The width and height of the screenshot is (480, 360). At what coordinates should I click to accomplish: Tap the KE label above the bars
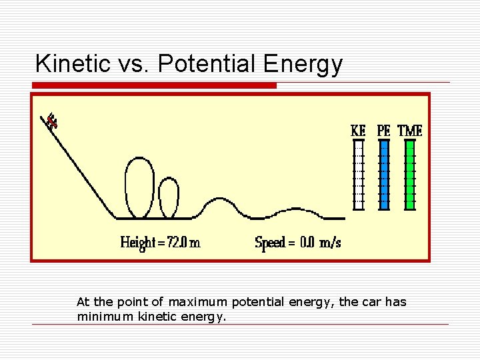tap(359, 131)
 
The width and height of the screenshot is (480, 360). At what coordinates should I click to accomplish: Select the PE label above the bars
tap(384, 131)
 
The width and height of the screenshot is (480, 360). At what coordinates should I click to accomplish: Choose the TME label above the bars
tap(410, 131)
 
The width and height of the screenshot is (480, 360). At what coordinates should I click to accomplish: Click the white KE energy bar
tap(359, 175)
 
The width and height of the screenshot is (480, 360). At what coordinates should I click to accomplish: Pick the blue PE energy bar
tap(384, 175)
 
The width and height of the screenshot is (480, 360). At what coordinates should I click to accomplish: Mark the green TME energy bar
tap(410, 175)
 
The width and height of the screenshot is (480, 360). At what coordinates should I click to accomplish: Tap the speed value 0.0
tap(307, 243)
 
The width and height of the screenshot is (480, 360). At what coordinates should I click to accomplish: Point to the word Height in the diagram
tap(138, 243)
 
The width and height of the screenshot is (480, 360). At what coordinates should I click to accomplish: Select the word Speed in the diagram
tap(271, 243)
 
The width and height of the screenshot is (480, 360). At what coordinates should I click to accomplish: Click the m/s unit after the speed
tap(331, 243)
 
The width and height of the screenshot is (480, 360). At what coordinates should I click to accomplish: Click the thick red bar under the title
tap(154, 85)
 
